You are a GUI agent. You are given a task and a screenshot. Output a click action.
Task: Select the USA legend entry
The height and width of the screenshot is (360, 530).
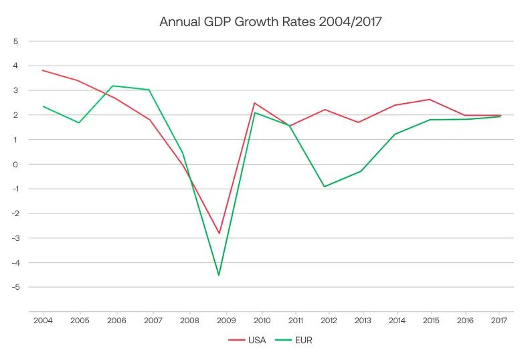pyautogui.click(x=247, y=340)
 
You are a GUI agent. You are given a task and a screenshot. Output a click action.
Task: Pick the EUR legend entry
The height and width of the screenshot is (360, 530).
pyautogui.click(x=293, y=340)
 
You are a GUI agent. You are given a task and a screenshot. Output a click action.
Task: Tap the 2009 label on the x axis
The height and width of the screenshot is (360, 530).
pyautogui.click(x=226, y=320)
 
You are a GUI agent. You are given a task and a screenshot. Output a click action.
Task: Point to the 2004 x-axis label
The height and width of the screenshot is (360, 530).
pyautogui.click(x=43, y=320)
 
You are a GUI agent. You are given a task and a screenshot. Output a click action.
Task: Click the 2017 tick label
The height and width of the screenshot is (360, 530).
pyautogui.click(x=499, y=320)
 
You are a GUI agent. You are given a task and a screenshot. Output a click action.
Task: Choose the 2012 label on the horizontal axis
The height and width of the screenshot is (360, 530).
pyautogui.click(x=329, y=320)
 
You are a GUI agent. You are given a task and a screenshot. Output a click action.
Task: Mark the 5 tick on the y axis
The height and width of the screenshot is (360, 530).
pyautogui.click(x=15, y=41)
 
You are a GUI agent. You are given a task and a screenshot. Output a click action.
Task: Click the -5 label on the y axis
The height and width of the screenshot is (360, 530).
pyautogui.click(x=15, y=287)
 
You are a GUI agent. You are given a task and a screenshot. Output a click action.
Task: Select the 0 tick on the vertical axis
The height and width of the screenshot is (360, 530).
pyautogui.click(x=15, y=165)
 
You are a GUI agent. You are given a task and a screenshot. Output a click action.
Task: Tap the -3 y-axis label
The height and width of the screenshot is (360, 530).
pyautogui.click(x=15, y=238)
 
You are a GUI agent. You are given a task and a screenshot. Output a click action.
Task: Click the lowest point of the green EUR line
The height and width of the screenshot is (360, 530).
pyautogui.click(x=219, y=275)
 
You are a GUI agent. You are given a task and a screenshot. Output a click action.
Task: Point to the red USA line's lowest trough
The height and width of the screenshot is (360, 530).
pyautogui.click(x=219, y=234)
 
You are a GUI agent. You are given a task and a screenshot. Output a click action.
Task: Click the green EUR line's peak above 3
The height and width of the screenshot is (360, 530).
pyautogui.click(x=112, y=86)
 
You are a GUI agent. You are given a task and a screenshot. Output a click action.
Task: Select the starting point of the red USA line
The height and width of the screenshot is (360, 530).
pyautogui.click(x=43, y=70)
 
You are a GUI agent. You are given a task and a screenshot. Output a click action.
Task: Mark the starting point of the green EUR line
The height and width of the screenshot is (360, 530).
pyautogui.click(x=43, y=106)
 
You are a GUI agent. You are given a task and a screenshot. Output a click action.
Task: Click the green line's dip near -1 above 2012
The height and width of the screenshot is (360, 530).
pyautogui.click(x=325, y=187)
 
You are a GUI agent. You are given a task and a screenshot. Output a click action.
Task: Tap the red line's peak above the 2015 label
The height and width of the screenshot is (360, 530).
pyautogui.click(x=430, y=100)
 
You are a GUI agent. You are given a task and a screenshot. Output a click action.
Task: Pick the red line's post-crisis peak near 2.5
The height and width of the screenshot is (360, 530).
pyautogui.click(x=254, y=103)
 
